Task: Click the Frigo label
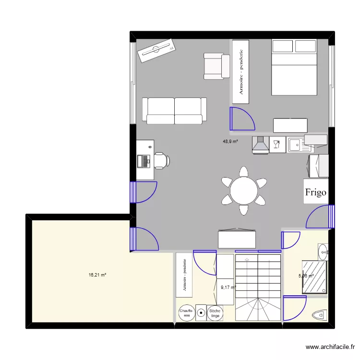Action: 316,192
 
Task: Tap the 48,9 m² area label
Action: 230,142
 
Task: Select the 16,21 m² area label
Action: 97,275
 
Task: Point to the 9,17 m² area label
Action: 228,288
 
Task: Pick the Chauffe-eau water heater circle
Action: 186,313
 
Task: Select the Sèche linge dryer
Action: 215,313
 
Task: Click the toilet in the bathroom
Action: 320,315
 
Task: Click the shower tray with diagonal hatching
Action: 315,276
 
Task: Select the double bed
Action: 294,67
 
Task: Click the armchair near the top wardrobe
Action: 216,66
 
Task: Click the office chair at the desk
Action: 161,160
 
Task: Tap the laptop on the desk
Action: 144,160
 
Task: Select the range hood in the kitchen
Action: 261,144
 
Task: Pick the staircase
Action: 258,287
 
